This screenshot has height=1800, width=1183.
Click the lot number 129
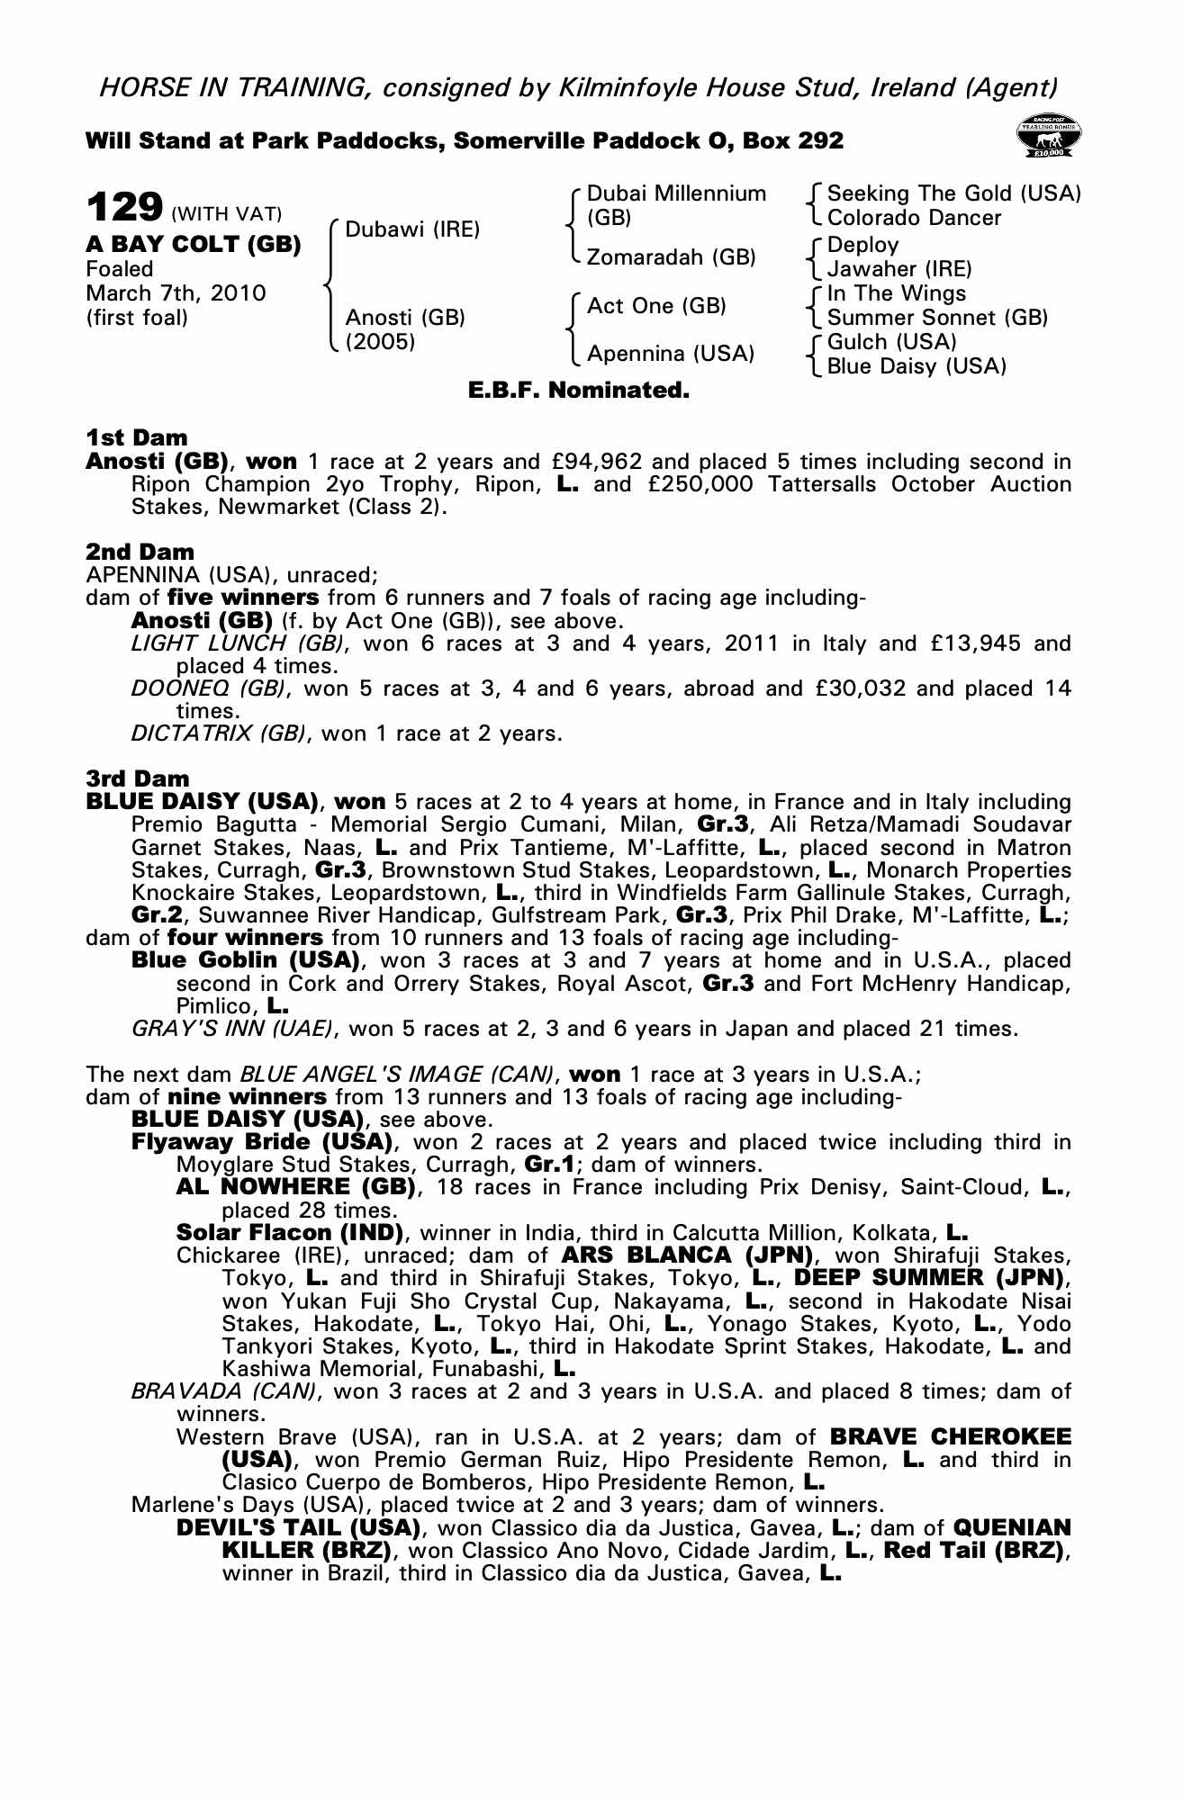pos(123,207)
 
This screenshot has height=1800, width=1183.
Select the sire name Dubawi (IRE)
pos(412,229)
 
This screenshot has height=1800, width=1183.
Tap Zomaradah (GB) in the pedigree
pos(671,257)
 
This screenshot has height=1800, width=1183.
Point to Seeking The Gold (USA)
pos(953,193)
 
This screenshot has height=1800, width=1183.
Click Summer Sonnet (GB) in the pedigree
pos(937,318)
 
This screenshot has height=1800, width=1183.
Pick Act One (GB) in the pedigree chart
pos(656,306)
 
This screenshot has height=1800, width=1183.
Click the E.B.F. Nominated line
pos(579,391)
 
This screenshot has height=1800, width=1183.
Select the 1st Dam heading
pos(137,438)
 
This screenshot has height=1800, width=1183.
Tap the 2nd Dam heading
pos(140,552)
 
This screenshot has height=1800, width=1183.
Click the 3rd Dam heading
pos(138,778)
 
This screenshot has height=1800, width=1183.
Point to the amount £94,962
pos(596,463)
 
